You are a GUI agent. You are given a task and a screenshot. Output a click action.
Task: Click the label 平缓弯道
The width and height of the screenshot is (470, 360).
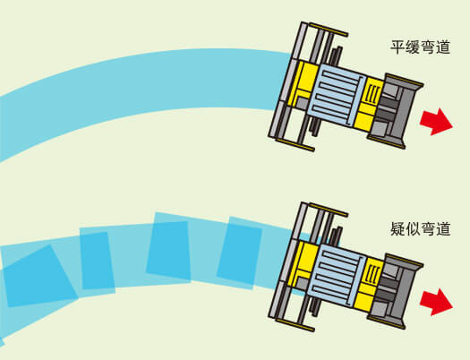(x=420, y=47)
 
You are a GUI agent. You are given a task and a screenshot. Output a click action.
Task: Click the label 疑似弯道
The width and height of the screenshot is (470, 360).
(x=420, y=229)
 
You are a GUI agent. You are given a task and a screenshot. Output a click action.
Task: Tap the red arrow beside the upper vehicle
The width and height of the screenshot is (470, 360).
(x=436, y=122)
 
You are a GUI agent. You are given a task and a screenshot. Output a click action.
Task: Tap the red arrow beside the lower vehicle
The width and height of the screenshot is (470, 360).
(x=436, y=302)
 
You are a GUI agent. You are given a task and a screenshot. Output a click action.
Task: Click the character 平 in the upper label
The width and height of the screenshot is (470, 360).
(x=397, y=47)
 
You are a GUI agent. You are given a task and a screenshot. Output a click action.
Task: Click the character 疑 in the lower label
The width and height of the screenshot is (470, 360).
(x=397, y=229)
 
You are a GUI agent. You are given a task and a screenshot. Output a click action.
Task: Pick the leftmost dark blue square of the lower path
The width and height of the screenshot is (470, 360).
(x=40, y=276)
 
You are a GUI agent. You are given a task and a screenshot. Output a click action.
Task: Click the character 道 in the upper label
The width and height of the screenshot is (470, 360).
(x=443, y=47)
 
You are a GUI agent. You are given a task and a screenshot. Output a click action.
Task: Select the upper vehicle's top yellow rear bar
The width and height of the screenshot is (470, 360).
(x=329, y=30)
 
